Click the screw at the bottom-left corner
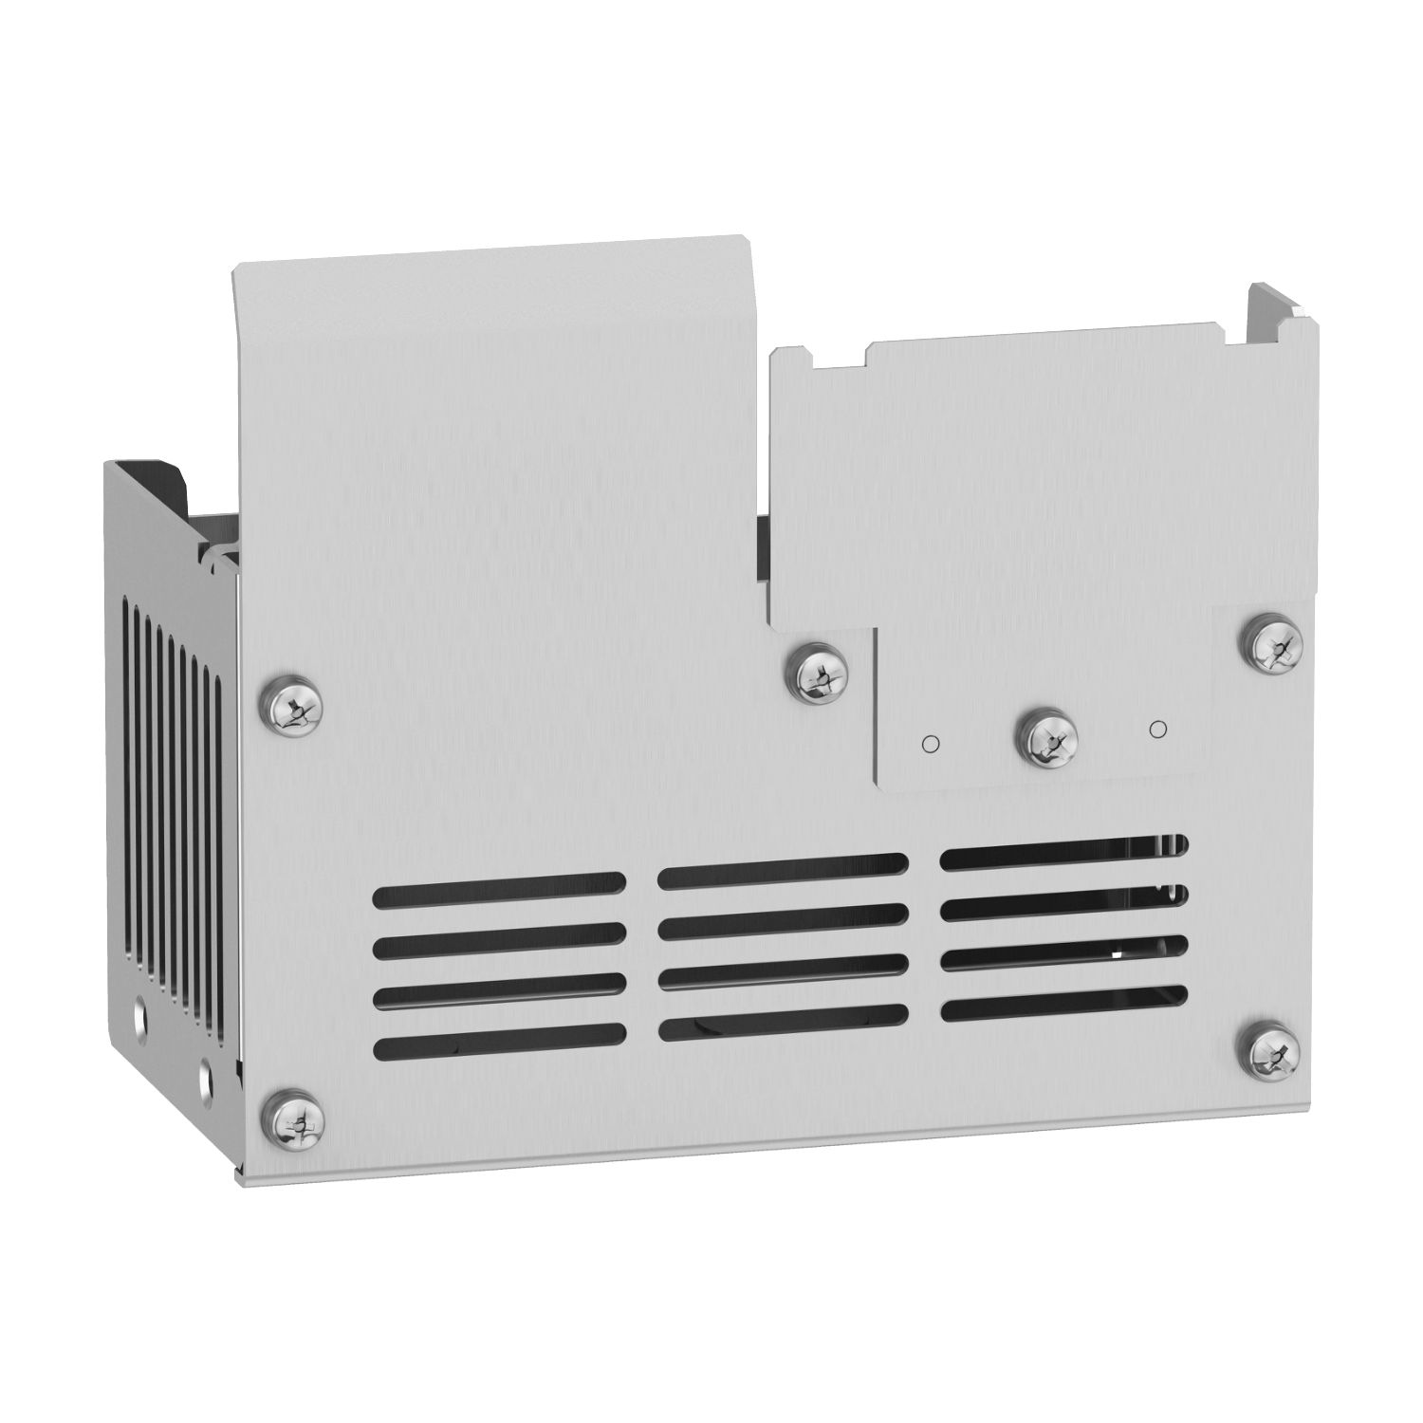click(293, 1123)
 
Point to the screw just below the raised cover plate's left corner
click(816, 675)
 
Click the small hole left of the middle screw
click(931, 743)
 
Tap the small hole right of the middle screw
click(1156, 729)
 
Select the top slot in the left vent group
click(499, 891)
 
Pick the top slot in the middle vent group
click(783, 871)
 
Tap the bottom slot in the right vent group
click(1063, 1006)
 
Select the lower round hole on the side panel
click(207, 1076)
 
